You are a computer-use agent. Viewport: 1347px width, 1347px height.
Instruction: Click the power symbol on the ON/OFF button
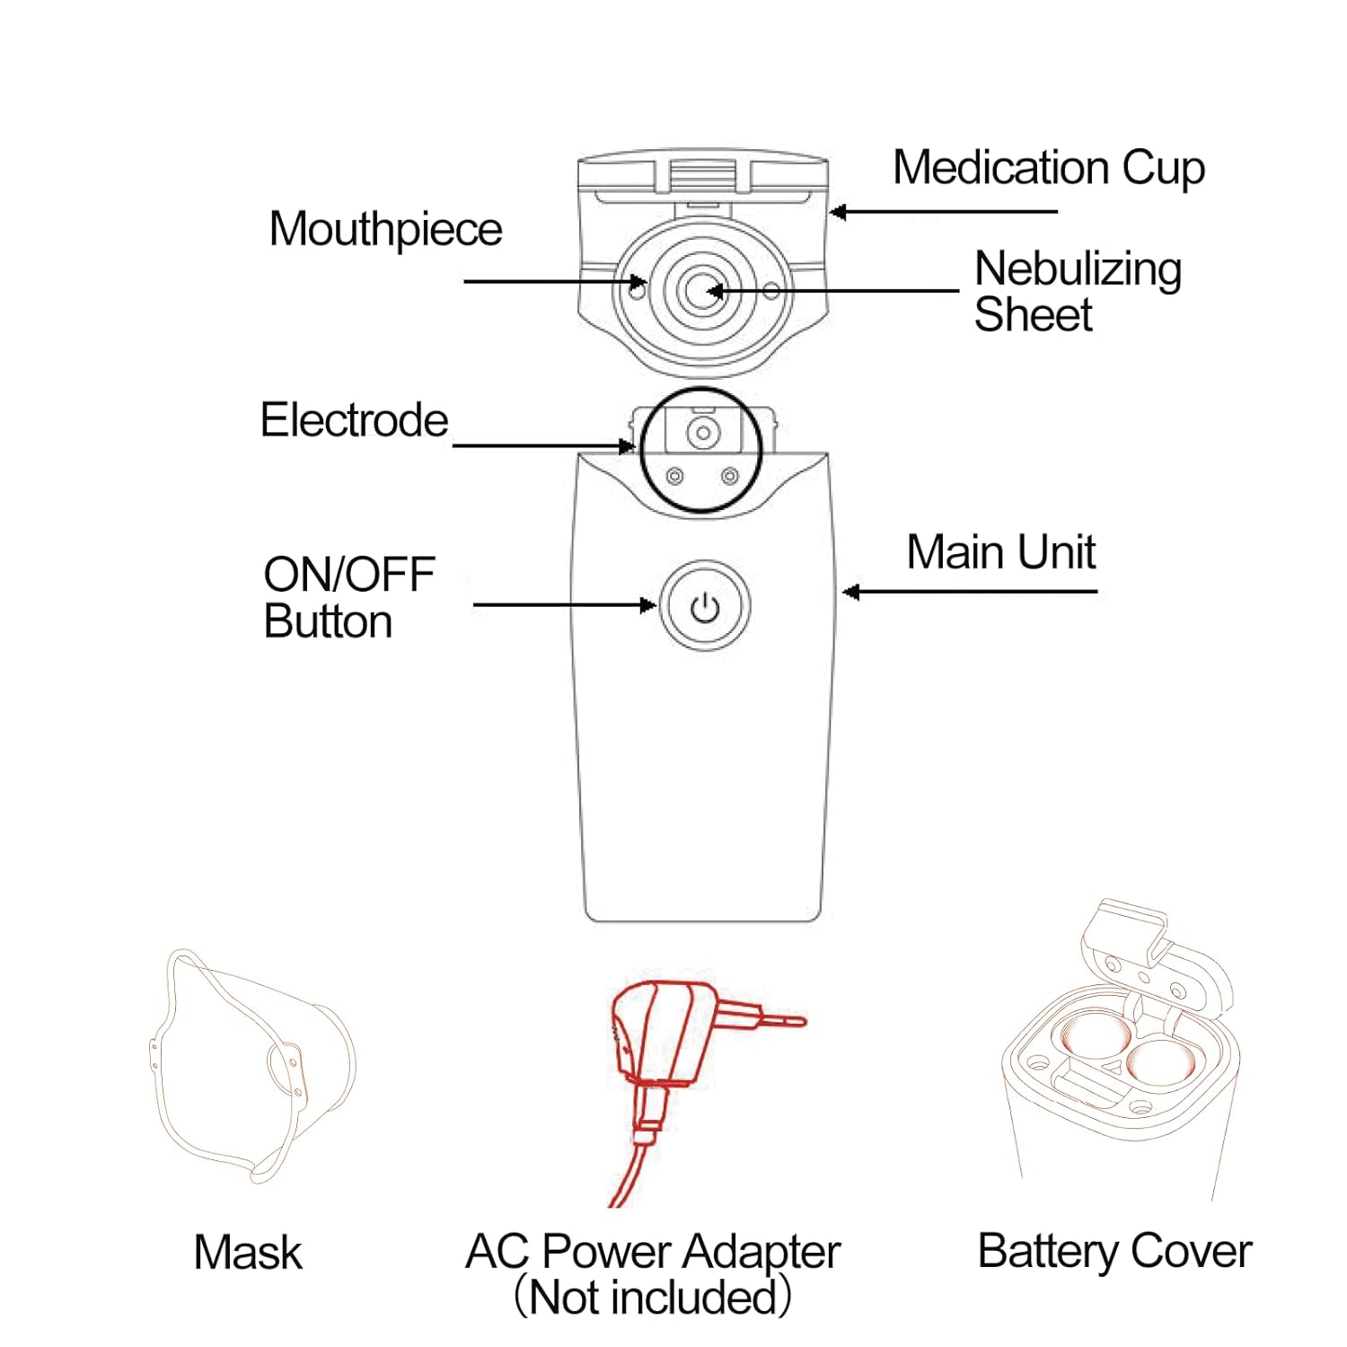click(705, 608)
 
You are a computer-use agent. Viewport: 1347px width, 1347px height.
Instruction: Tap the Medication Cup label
click(1048, 168)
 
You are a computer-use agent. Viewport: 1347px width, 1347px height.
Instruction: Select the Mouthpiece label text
click(385, 230)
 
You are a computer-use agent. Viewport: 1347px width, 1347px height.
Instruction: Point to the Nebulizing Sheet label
click(1077, 291)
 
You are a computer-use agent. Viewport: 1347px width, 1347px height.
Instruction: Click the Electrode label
click(354, 420)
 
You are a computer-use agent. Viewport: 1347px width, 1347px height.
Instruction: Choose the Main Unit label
click(1000, 552)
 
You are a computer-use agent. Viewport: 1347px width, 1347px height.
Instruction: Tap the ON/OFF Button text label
click(348, 598)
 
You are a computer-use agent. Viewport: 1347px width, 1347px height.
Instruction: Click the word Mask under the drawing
click(248, 1253)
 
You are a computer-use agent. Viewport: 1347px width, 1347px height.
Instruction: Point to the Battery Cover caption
click(1114, 1252)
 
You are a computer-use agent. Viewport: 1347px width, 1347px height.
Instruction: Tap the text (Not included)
click(653, 1298)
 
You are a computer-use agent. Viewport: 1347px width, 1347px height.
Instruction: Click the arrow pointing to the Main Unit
click(970, 592)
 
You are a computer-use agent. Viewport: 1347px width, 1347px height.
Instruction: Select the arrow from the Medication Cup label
click(943, 212)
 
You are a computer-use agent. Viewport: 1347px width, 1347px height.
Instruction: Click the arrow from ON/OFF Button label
click(564, 605)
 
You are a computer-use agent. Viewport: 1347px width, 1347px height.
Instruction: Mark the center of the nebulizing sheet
click(702, 290)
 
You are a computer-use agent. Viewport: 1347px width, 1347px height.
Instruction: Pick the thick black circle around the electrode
click(760, 449)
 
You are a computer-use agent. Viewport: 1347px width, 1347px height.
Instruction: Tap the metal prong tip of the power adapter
click(790, 1019)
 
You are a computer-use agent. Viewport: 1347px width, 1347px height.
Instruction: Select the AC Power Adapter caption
click(653, 1252)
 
